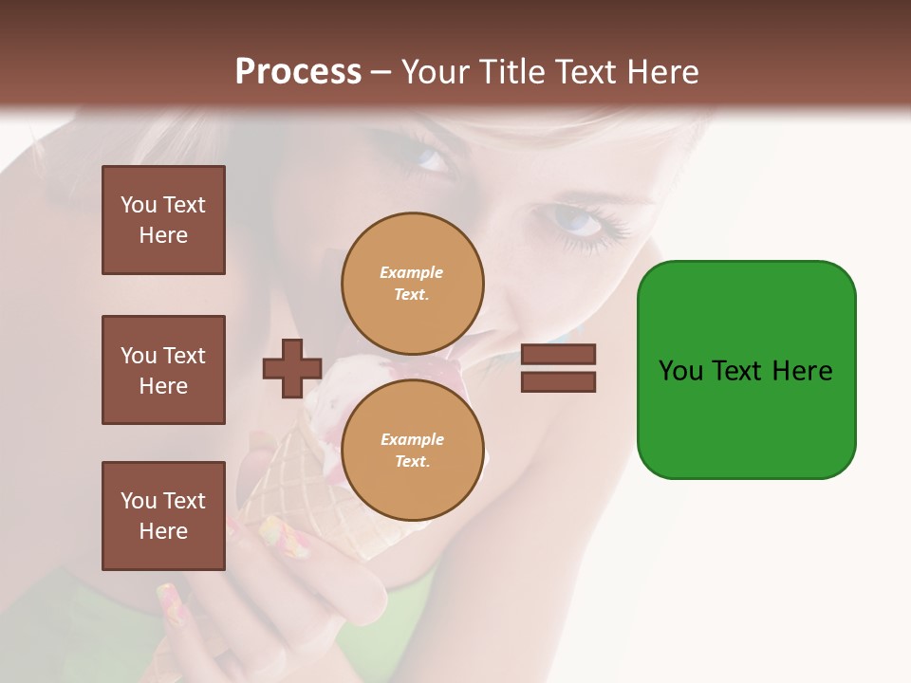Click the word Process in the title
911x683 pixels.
click(x=298, y=71)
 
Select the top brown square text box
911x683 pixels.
click(x=163, y=220)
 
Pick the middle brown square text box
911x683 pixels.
click(x=163, y=370)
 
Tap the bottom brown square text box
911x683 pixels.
click(x=163, y=516)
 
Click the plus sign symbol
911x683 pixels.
click(x=292, y=368)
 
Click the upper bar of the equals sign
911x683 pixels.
click(x=558, y=355)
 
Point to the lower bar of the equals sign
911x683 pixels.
click(x=558, y=381)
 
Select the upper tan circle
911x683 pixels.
click(x=412, y=283)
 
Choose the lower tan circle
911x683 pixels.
click(x=412, y=450)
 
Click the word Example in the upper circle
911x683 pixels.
click(x=412, y=272)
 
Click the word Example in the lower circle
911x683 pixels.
click(x=412, y=439)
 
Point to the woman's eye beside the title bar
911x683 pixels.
click(x=427, y=157)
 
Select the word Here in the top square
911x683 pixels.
click(x=163, y=235)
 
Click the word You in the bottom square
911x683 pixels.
click(x=139, y=501)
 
